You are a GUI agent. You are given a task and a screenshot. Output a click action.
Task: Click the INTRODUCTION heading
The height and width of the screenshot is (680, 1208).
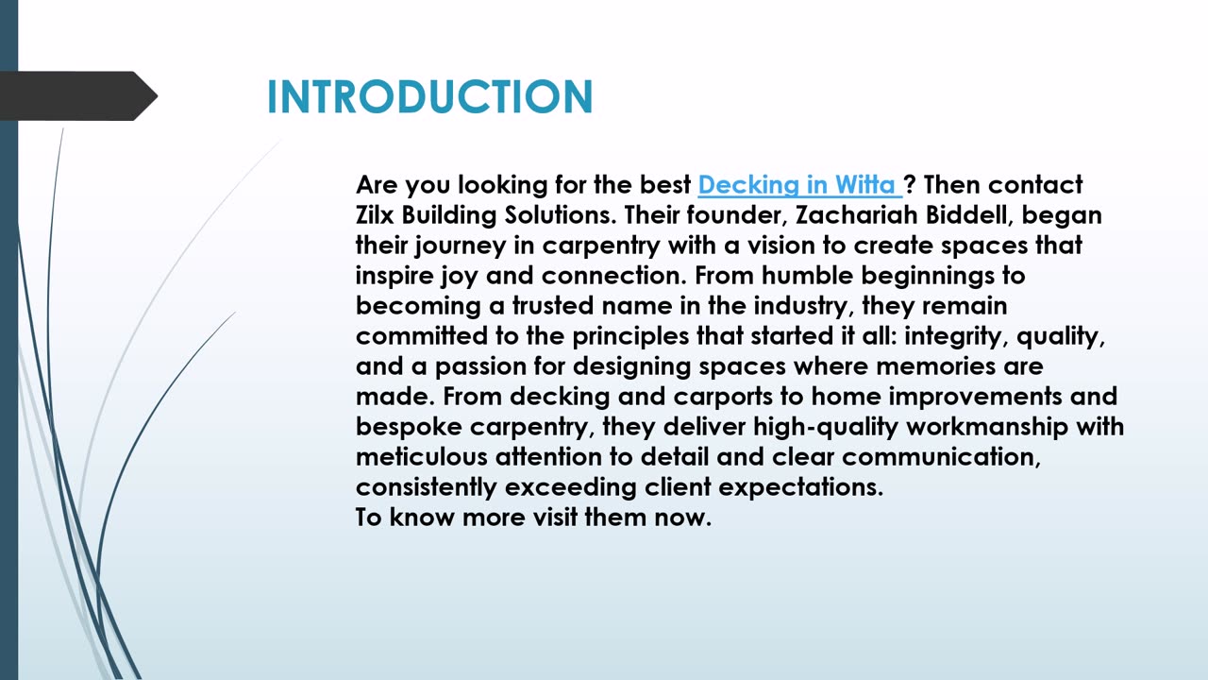pos(429,96)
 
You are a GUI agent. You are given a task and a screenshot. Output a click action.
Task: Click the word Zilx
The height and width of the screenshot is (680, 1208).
pos(375,214)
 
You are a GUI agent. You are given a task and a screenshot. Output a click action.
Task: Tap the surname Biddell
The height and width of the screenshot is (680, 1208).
pos(969,214)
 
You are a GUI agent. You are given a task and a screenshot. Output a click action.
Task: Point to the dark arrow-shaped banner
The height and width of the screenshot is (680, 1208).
pos(78,96)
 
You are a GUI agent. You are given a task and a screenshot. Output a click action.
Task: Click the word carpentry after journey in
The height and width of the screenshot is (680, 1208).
pos(601,246)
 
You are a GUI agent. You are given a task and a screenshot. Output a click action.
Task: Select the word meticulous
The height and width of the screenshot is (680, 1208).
pos(421,456)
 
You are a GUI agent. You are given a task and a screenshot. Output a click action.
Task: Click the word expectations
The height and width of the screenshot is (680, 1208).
pos(801,487)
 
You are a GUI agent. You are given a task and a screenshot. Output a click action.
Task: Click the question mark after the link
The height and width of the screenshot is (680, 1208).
pos(909,184)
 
